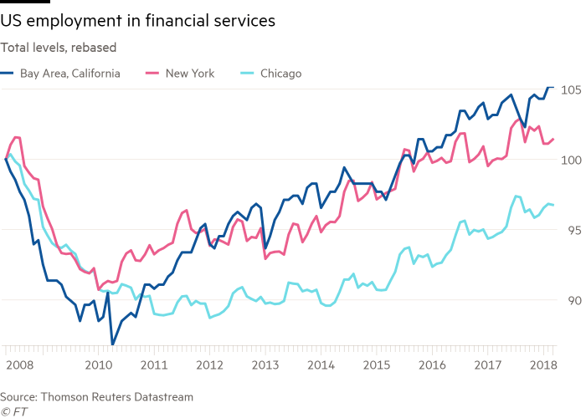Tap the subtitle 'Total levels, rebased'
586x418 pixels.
[51, 48]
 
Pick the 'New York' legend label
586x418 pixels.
[190, 74]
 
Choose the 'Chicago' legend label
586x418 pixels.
[280, 74]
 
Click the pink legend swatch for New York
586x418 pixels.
[153, 74]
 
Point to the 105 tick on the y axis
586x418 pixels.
[572, 89]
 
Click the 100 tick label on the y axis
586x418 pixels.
[572, 160]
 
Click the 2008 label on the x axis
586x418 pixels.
[19, 365]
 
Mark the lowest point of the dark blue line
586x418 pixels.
[112, 343]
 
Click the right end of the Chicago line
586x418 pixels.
[553, 205]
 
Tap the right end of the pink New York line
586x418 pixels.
[553, 139]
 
